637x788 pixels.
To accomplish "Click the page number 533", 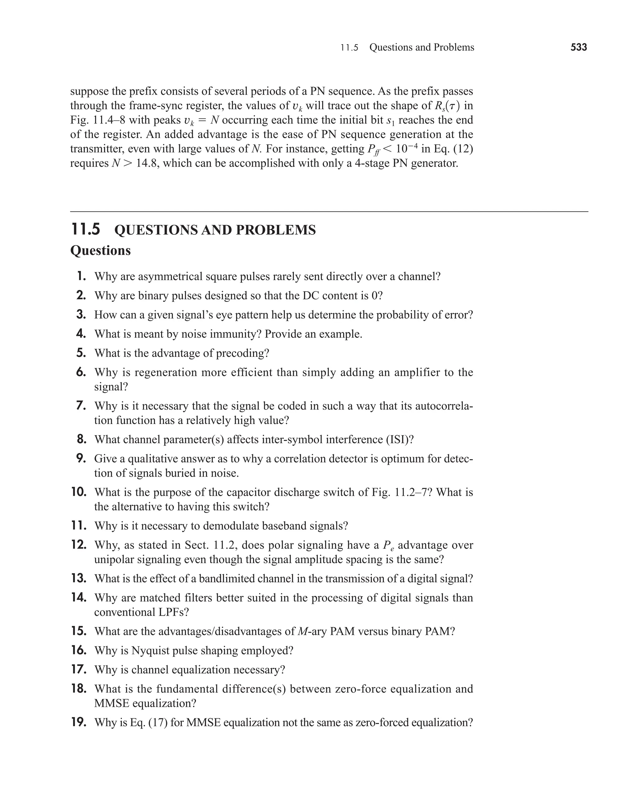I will (x=579, y=47).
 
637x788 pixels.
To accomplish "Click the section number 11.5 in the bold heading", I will (x=85, y=230).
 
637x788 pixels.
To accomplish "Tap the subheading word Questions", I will (x=100, y=251).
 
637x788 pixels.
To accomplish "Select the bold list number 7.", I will (x=81, y=406).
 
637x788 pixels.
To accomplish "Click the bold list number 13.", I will (x=79, y=578).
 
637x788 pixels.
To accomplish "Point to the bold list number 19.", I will (x=79, y=722).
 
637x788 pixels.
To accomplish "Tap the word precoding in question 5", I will (x=242, y=353).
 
